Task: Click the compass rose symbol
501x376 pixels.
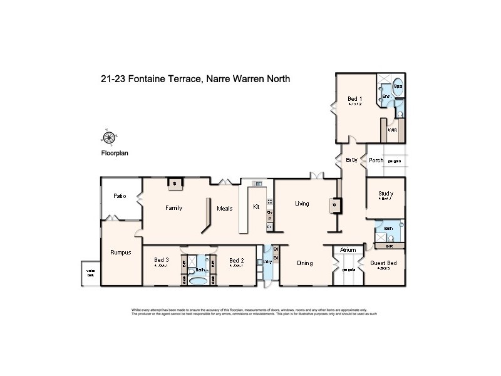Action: [x=109, y=138]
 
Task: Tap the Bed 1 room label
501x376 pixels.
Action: [x=354, y=98]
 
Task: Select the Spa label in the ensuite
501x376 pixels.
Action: [x=398, y=86]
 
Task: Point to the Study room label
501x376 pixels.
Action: [x=385, y=194]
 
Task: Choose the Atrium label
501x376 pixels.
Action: [x=348, y=250]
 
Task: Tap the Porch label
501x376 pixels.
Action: [x=376, y=160]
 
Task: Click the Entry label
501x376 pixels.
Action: [x=352, y=160]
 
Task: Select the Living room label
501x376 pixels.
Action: [x=302, y=204]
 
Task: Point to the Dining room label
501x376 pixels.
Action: [x=304, y=263]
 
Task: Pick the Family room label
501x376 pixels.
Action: [x=173, y=208]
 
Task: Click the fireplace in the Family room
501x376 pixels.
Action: [x=175, y=184]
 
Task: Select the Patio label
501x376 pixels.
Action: [x=120, y=196]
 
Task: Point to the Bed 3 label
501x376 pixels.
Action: [x=161, y=260]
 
